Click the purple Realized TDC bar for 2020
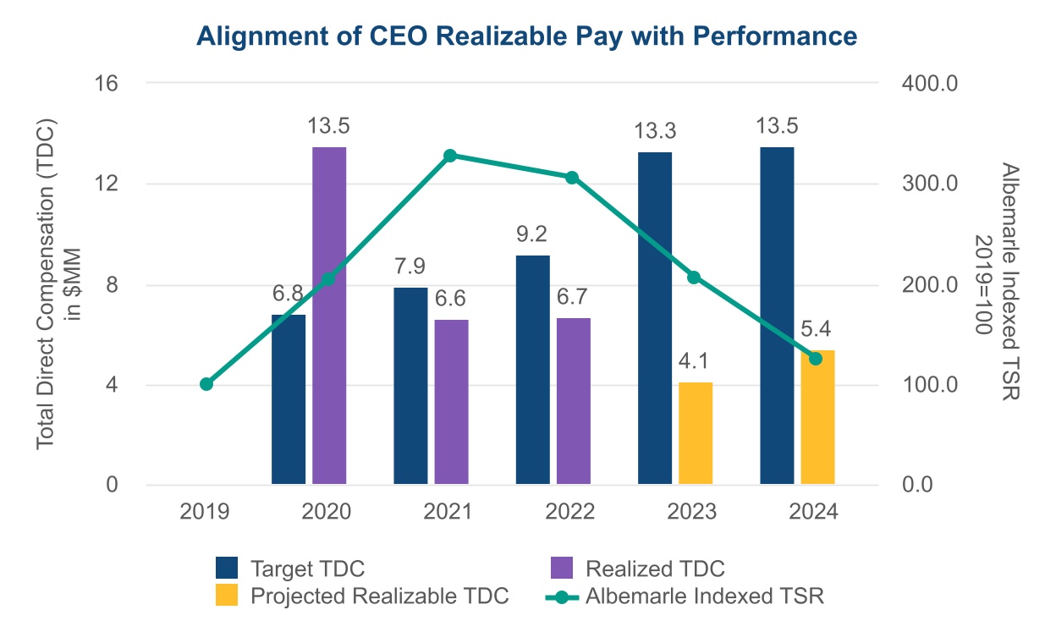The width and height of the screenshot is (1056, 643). (329, 316)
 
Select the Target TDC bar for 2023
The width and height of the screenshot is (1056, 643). (655, 318)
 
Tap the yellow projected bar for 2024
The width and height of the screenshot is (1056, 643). (817, 417)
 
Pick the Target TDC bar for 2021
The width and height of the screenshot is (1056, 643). (410, 386)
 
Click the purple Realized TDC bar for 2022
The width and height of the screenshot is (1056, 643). (574, 401)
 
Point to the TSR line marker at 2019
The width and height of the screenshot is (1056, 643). (206, 384)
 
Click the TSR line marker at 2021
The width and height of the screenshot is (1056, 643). (450, 156)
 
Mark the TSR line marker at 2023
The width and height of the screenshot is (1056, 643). (694, 278)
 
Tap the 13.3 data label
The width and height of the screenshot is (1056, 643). (655, 133)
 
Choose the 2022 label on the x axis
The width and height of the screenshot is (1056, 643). (572, 512)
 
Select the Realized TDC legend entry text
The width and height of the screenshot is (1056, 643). (655, 568)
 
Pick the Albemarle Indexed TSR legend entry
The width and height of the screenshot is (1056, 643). (704, 596)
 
